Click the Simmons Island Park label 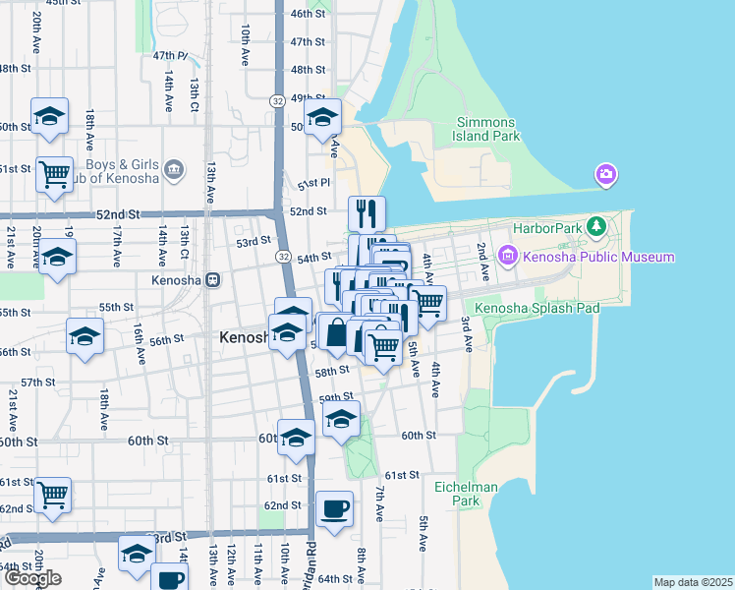tap(487, 130)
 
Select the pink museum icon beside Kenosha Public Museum tap(509, 258)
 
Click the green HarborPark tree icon tap(595, 228)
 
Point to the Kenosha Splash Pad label tap(537, 308)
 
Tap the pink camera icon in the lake tap(606, 176)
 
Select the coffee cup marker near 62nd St tap(335, 509)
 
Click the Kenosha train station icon tap(211, 280)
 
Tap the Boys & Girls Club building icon tap(175, 170)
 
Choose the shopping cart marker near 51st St tap(54, 175)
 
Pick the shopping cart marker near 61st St tap(51, 496)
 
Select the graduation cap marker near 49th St tap(323, 117)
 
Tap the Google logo tap(32, 578)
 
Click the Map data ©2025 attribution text tap(693, 582)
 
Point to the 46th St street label tap(308, 14)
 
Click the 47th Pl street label tap(169, 56)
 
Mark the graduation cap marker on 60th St tap(296, 438)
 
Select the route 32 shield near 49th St tap(279, 100)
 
